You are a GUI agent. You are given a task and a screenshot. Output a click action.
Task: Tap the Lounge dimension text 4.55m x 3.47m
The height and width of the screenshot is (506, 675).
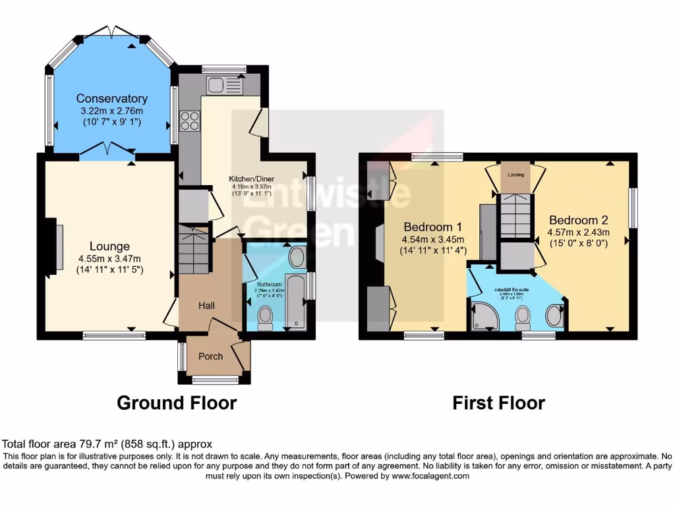[109, 258]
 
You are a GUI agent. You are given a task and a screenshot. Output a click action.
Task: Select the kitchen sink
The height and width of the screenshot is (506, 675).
[224, 84]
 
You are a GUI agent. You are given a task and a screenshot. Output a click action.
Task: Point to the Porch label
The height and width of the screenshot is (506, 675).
[211, 356]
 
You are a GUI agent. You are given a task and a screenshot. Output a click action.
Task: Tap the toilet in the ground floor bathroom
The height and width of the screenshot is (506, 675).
[266, 318]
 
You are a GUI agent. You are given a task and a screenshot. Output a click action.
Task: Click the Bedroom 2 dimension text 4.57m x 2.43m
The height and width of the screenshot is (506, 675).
[578, 232]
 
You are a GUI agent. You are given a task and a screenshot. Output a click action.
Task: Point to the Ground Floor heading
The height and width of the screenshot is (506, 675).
[177, 403]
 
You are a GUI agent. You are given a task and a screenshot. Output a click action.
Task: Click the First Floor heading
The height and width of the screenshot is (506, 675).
[498, 403]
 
